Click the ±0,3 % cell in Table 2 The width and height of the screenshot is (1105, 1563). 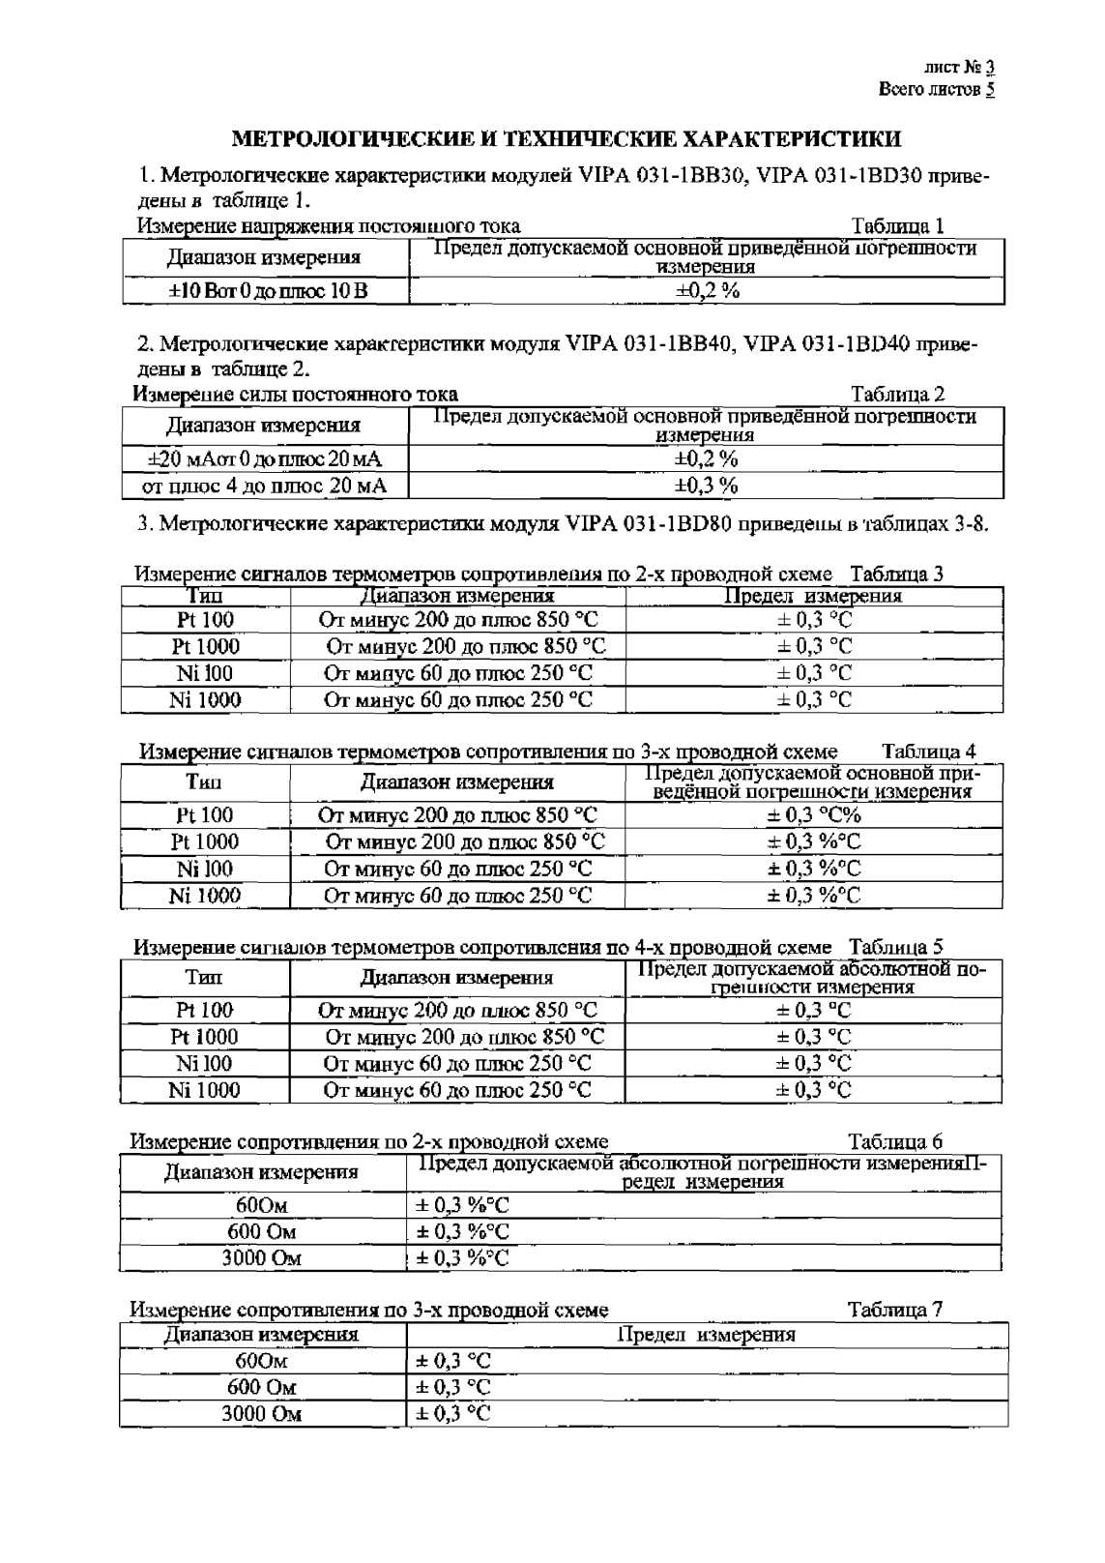click(x=706, y=486)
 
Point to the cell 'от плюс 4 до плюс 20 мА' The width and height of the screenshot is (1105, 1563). click(x=264, y=486)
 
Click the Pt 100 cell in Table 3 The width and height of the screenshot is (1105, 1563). click(x=205, y=620)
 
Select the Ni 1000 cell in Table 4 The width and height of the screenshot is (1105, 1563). click(x=205, y=896)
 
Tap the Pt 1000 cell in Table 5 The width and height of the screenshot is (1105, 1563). click(x=205, y=1037)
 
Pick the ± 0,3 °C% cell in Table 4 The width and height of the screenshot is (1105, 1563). click(x=813, y=816)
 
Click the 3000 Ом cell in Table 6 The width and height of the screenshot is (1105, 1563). click(x=261, y=1258)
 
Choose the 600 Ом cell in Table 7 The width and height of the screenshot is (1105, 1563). click(x=261, y=1387)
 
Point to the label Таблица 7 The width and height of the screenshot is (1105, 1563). click(x=894, y=1310)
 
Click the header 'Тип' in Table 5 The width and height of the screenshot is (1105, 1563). click(x=204, y=978)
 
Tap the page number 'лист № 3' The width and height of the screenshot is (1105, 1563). click(x=959, y=68)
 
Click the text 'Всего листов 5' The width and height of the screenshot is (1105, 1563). click(x=936, y=89)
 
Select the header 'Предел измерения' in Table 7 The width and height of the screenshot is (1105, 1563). click(x=706, y=1336)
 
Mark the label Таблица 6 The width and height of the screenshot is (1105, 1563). click(x=895, y=1141)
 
